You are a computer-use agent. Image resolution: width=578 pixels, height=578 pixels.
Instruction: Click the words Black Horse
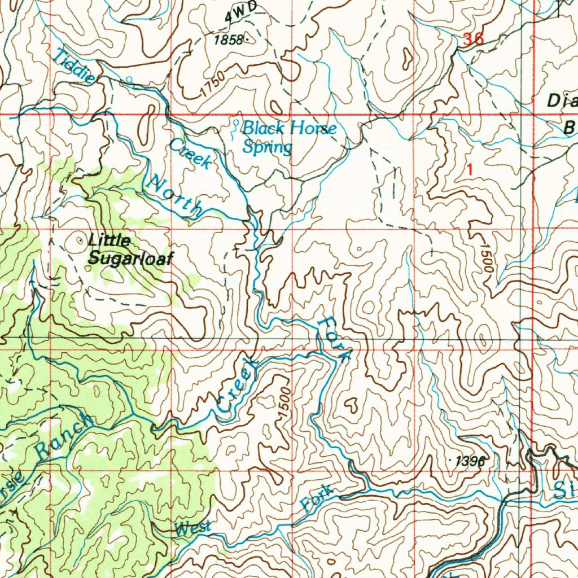point(290,129)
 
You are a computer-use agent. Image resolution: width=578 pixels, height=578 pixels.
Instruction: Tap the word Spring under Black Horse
point(268,148)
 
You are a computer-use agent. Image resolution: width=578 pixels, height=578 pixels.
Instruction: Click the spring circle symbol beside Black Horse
point(235,122)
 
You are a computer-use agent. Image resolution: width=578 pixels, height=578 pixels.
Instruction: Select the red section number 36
point(472,40)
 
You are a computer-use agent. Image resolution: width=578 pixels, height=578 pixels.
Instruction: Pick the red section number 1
point(471,168)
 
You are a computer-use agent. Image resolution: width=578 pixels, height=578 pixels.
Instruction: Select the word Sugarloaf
point(130,259)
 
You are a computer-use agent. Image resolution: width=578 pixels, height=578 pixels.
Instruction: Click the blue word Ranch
point(63,435)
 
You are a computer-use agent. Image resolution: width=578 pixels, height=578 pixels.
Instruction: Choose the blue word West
point(192,529)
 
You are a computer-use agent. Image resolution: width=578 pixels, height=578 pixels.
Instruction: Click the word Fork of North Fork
point(334,339)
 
